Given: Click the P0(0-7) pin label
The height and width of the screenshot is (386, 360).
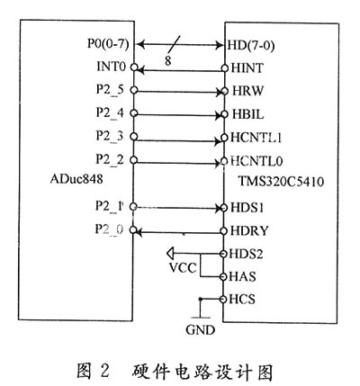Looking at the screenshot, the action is pos(108,44).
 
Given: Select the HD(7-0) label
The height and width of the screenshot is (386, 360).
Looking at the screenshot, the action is pos(251,46).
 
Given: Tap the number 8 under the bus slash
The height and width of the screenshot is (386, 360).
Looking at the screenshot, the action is pos(167,61).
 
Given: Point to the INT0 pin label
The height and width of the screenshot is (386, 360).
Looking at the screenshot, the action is pos(111,67).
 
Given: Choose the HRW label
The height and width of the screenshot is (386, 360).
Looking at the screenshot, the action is pos(247,91).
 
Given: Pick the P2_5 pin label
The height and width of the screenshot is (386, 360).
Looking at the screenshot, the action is pos(110,90).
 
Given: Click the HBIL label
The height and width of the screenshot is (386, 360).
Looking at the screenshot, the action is pos(248,114).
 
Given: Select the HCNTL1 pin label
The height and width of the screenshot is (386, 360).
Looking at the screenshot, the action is pos(256,138).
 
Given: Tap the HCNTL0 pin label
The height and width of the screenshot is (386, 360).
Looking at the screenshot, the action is pos(256,161).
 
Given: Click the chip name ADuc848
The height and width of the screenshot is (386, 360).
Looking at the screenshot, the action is pos(76,179).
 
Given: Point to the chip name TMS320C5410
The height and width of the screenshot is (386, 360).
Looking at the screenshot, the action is pos(281,182).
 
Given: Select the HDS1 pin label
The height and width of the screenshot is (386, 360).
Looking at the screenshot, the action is pos(247,208).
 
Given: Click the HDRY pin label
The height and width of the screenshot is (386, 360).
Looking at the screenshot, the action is pos(249,231).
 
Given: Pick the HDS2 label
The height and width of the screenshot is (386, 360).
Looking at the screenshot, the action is pos(246,254).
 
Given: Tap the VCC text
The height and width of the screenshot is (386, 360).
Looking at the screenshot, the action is pos(183,267).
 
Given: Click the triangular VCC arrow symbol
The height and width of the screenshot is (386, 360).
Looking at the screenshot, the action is pos(170,254).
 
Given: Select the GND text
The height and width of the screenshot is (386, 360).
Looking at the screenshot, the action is pos(200,330).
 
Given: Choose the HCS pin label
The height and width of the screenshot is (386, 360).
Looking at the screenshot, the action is pos(242,300).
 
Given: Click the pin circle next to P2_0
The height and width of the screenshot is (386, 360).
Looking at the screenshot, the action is pos(133,230).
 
